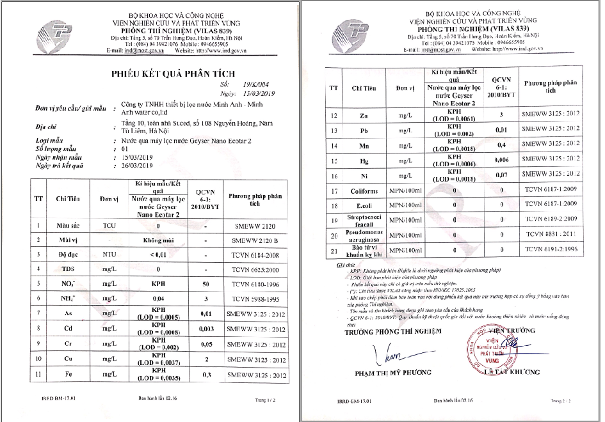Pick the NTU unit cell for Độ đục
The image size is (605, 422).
click(x=109, y=254)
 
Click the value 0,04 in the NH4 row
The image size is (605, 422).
click(x=152, y=297)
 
